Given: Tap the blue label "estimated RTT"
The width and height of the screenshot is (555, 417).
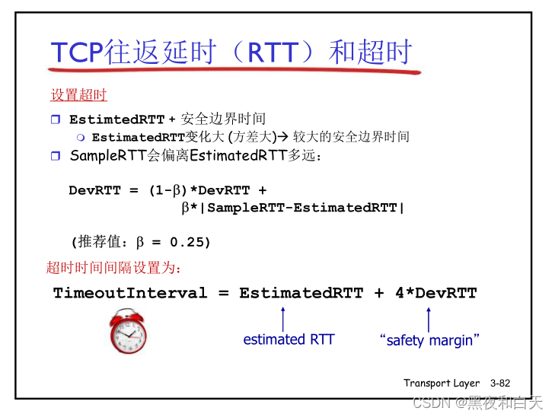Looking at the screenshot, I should click(289, 339).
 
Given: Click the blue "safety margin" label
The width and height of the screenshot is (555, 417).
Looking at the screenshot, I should click(429, 340).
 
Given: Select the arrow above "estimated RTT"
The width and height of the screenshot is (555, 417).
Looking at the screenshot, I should click(282, 317).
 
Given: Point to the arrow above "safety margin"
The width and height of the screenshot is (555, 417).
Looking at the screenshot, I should click(429, 317).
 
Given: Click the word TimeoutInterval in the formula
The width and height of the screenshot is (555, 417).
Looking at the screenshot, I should click(130, 293).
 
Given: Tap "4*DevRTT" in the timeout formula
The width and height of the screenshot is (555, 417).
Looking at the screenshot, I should click(436, 293).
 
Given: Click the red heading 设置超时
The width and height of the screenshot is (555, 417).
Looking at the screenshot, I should click(78, 95).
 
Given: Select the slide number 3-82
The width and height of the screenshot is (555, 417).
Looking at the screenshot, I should click(500, 383).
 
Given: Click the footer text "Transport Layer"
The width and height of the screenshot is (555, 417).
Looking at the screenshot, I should click(442, 383).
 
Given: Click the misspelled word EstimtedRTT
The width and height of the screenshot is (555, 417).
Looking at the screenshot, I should click(117, 119).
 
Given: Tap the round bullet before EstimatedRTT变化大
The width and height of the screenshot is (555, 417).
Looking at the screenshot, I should click(81, 138).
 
